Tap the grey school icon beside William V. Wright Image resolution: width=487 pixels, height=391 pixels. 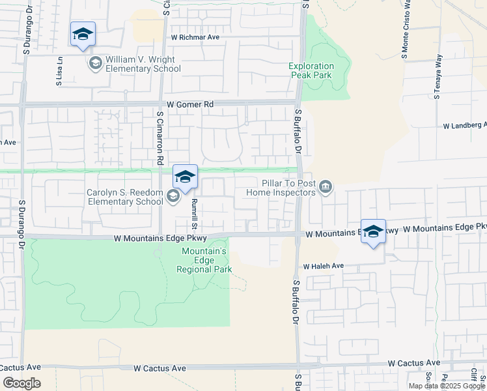(x=95, y=63)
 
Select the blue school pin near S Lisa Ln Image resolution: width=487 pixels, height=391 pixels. (x=83, y=35)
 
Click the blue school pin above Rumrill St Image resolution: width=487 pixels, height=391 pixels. (x=185, y=177)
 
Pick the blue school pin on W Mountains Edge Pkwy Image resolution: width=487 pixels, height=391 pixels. (x=373, y=231)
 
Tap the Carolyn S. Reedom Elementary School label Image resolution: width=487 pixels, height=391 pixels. (x=124, y=197)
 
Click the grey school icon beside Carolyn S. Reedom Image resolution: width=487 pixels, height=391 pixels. (x=173, y=196)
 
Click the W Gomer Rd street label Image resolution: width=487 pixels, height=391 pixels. (x=190, y=104)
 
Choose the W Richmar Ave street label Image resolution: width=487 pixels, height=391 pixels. (x=195, y=37)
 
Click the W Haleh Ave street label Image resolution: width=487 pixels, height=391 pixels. (x=323, y=267)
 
